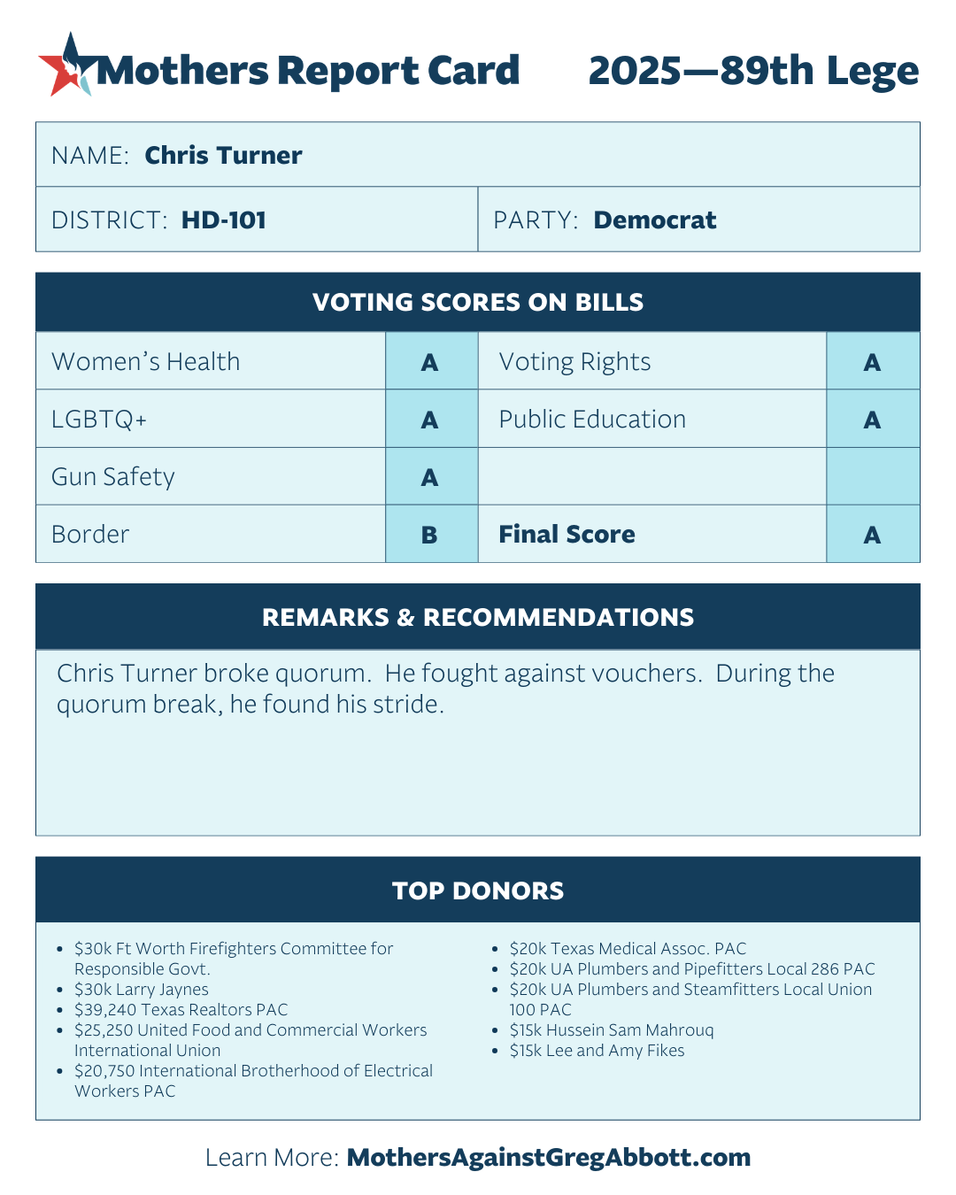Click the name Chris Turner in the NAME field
point(223,156)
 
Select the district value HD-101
point(223,220)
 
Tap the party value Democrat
point(654,220)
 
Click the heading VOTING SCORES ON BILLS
point(478,303)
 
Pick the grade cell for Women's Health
point(430,362)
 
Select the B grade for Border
point(430,535)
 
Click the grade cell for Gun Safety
point(430,477)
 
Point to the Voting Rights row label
point(574,362)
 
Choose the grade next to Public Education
point(872,420)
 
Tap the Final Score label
point(567,535)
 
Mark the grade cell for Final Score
point(872,535)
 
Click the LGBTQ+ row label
point(99,420)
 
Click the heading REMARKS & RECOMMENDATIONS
point(478,618)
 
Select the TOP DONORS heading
point(478,890)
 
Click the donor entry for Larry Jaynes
point(142,990)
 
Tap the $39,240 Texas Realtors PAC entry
point(181,1010)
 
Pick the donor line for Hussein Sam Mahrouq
point(612,1030)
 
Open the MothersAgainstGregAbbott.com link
point(549,1158)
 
